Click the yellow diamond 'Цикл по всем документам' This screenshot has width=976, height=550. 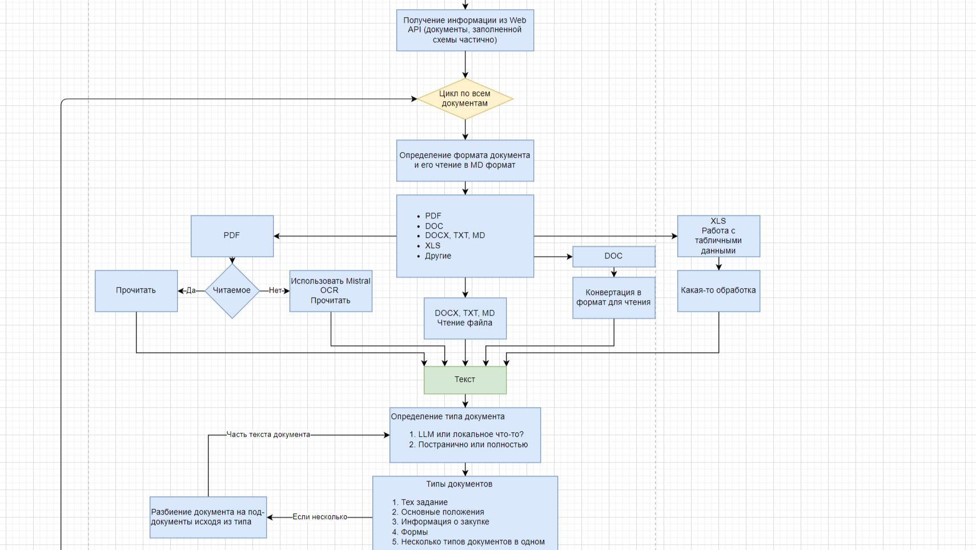tap(465, 99)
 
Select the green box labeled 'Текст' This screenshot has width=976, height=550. tap(465, 380)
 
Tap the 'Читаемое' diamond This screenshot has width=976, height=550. tap(232, 290)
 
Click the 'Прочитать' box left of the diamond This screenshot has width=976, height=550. tap(136, 290)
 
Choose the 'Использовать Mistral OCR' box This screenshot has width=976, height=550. tap(331, 290)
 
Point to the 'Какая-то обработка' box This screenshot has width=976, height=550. tap(718, 290)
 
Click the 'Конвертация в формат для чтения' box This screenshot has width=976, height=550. tap(613, 297)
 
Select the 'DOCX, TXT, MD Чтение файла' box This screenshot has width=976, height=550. tap(465, 318)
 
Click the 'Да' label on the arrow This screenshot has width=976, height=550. tap(191, 290)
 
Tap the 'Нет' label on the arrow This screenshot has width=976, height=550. tap(275, 290)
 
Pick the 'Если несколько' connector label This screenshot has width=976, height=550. tap(320, 517)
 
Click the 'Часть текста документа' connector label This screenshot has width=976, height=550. tap(268, 435)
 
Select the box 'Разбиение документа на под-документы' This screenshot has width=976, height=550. tap(208, 517)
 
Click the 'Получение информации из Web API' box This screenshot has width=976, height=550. tap(465, 30)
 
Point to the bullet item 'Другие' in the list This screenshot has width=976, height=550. tap(438, 256)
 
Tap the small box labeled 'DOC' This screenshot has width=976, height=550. tap(613, 256)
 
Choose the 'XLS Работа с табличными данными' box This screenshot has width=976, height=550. tap(718, 236)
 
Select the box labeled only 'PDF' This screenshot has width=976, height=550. tap(232, 236)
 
